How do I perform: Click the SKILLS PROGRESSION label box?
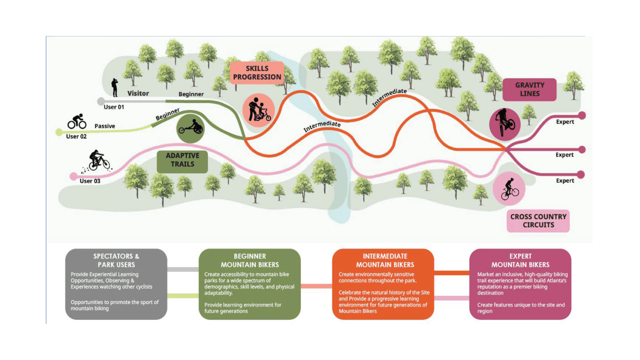(257, 73)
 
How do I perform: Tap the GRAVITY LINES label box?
(529, 89)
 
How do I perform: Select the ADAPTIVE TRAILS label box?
(182, 160)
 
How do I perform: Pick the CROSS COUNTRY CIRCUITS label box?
(538, 221)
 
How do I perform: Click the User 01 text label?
(114, 107)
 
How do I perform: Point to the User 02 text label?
(76, 136)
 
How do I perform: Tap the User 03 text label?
(90, 181)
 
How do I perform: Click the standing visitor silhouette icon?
(115, 87)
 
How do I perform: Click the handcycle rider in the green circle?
(190, 128)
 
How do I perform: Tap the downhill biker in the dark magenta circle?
(505, 124)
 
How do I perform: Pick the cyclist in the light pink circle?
(509, 189)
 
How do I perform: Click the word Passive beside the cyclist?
(105, 126)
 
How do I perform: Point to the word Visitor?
(138, 93)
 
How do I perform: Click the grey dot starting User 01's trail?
(101, 101)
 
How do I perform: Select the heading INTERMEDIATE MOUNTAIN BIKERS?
(385, 260)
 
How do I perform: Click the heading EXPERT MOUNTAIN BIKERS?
(520, 260)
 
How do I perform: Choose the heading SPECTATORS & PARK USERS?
(116, 260)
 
